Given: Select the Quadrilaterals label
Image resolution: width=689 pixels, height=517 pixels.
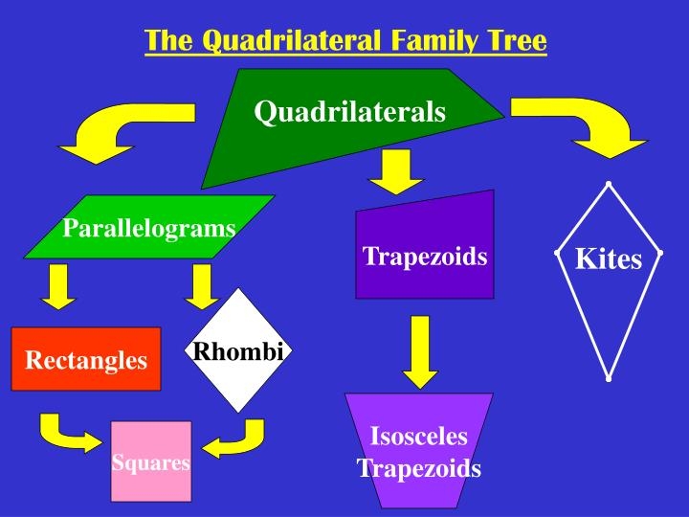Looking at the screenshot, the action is click(x=350, y=111).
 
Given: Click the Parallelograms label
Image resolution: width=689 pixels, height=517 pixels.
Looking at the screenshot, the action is click(x=149, y=228).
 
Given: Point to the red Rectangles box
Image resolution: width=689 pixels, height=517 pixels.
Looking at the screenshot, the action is click(x=86, y=359).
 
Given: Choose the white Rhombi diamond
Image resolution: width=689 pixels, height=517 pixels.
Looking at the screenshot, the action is click(x=238, y=350).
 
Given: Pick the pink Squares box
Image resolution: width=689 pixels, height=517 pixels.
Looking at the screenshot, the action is click(x=151, y=461).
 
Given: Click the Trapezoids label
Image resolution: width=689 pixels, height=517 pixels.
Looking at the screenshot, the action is click(x=425, y=257).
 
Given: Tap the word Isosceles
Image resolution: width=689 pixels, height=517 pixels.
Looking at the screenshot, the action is click(x=419, y=436).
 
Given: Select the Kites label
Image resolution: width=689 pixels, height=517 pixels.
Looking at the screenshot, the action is click(x=609, y=258).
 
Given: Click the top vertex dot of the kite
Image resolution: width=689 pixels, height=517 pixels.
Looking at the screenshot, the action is click(x=609, y=183).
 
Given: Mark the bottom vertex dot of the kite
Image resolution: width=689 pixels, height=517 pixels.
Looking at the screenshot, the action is click(x=609, y=378).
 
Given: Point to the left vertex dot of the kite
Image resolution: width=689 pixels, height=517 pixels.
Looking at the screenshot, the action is click(x=557, y=253).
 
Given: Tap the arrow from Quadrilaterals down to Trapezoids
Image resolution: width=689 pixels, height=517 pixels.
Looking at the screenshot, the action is click(x=396, y=171).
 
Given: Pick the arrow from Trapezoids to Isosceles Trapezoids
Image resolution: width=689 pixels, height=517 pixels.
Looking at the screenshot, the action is click(x=420, y=351).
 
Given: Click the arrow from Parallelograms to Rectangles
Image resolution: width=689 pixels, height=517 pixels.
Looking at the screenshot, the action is click(x=59, y=286).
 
